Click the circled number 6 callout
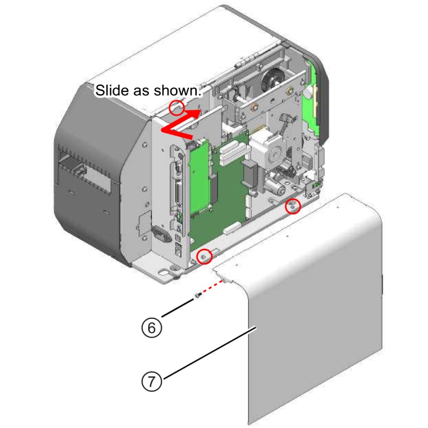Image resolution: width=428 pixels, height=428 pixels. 151,327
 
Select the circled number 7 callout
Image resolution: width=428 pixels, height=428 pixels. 151,381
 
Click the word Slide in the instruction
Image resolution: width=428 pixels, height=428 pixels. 109,90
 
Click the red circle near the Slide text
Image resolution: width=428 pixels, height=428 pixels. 177,108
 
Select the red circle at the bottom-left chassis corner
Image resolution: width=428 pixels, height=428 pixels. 203,256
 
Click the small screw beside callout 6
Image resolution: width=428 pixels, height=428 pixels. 197,295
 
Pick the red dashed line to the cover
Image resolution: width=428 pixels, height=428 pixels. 211,286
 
